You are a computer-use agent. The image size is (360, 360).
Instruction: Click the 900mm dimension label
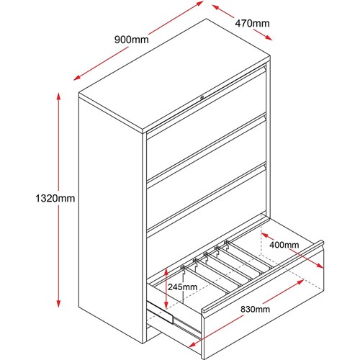coord(131,40)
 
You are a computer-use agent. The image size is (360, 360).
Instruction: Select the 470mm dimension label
coord(252,24)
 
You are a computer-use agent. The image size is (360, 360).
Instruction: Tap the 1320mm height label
coord(55,199)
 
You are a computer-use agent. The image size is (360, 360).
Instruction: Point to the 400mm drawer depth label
coord(284,245)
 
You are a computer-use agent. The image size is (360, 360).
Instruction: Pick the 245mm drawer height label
coord(182,287)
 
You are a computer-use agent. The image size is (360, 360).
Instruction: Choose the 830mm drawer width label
coord(255,309)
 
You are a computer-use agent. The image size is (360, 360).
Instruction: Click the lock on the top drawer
coord(202,97)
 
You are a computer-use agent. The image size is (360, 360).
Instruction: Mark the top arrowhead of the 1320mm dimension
coord(58,96)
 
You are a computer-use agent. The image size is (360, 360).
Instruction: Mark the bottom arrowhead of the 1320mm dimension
coord(58,303)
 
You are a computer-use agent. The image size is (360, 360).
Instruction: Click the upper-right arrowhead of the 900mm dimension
coord(200,4)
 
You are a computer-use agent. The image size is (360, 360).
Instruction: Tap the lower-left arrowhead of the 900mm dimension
coord(77,77)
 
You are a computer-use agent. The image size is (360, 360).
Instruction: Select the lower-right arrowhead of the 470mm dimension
coord(269,38)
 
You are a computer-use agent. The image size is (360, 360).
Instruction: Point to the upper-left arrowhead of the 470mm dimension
coord(216,7)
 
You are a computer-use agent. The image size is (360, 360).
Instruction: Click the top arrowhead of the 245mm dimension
coord(166,271)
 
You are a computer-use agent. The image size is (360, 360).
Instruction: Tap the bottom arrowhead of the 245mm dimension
coord(166,305)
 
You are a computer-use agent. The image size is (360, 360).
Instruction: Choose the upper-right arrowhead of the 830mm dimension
coord(300,282)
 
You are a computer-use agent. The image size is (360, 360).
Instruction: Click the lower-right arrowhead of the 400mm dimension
coord(320,265)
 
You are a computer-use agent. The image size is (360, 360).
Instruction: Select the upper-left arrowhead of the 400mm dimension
coord(265,235)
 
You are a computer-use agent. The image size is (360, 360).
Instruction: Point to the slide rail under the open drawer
coord(160,312)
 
